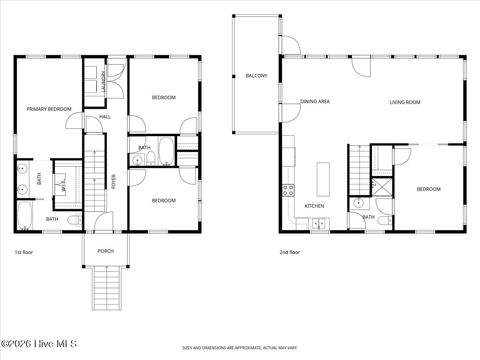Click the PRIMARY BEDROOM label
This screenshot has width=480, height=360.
click(x=49, y=109)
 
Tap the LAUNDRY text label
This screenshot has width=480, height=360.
click(x=104, y=82)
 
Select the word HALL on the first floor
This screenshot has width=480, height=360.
click(x=105, y=117)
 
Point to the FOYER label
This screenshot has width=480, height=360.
click(x=114, y=182)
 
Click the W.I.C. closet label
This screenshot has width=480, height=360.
click(x=63, y=184)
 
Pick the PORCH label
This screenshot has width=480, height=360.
click(x=106, y=251)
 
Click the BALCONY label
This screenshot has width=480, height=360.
click(x=256, y=76)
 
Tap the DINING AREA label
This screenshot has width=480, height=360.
click(x=315, y=102)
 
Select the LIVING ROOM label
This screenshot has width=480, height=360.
click(x=405, y=102)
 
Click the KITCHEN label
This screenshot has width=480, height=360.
click(x=314, y=206)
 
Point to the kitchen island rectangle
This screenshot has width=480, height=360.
click(x=323, y=179)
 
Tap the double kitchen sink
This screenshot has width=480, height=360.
click(x=320, y=222)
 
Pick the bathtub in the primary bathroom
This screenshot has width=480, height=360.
click(x=25, y=216)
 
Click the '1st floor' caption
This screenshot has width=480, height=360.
click(x=24, y=252)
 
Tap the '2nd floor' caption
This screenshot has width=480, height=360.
click(x=289, y=252)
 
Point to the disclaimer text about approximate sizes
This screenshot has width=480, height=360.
click(x=240, y=348)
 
